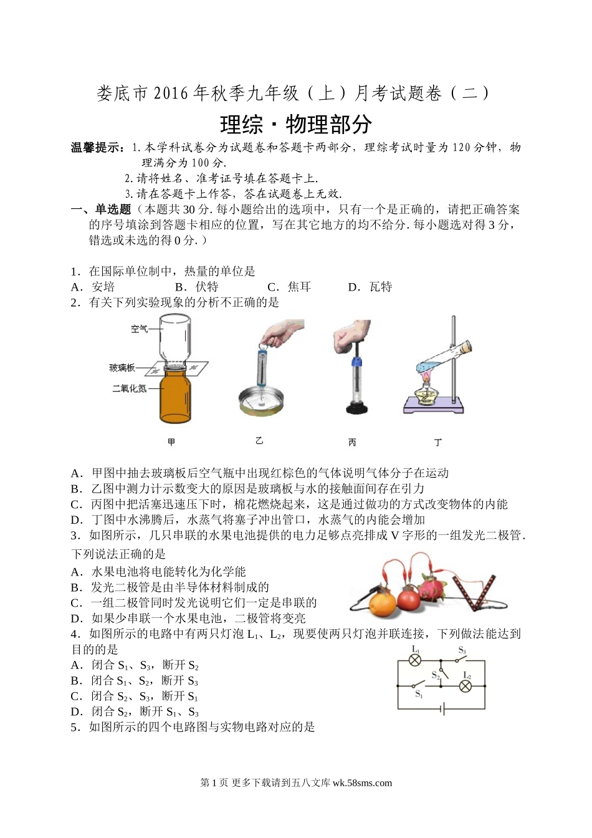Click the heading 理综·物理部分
(296, 124)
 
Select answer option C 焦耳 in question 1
(289, 287)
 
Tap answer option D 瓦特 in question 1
(370, 287)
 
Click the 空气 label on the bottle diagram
(139, 329)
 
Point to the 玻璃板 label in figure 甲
(122, 368)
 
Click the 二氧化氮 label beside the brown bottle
(130, 388)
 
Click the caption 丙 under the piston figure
(352, 443)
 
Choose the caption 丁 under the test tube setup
(438, 443)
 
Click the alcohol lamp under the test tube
(425, 392)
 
